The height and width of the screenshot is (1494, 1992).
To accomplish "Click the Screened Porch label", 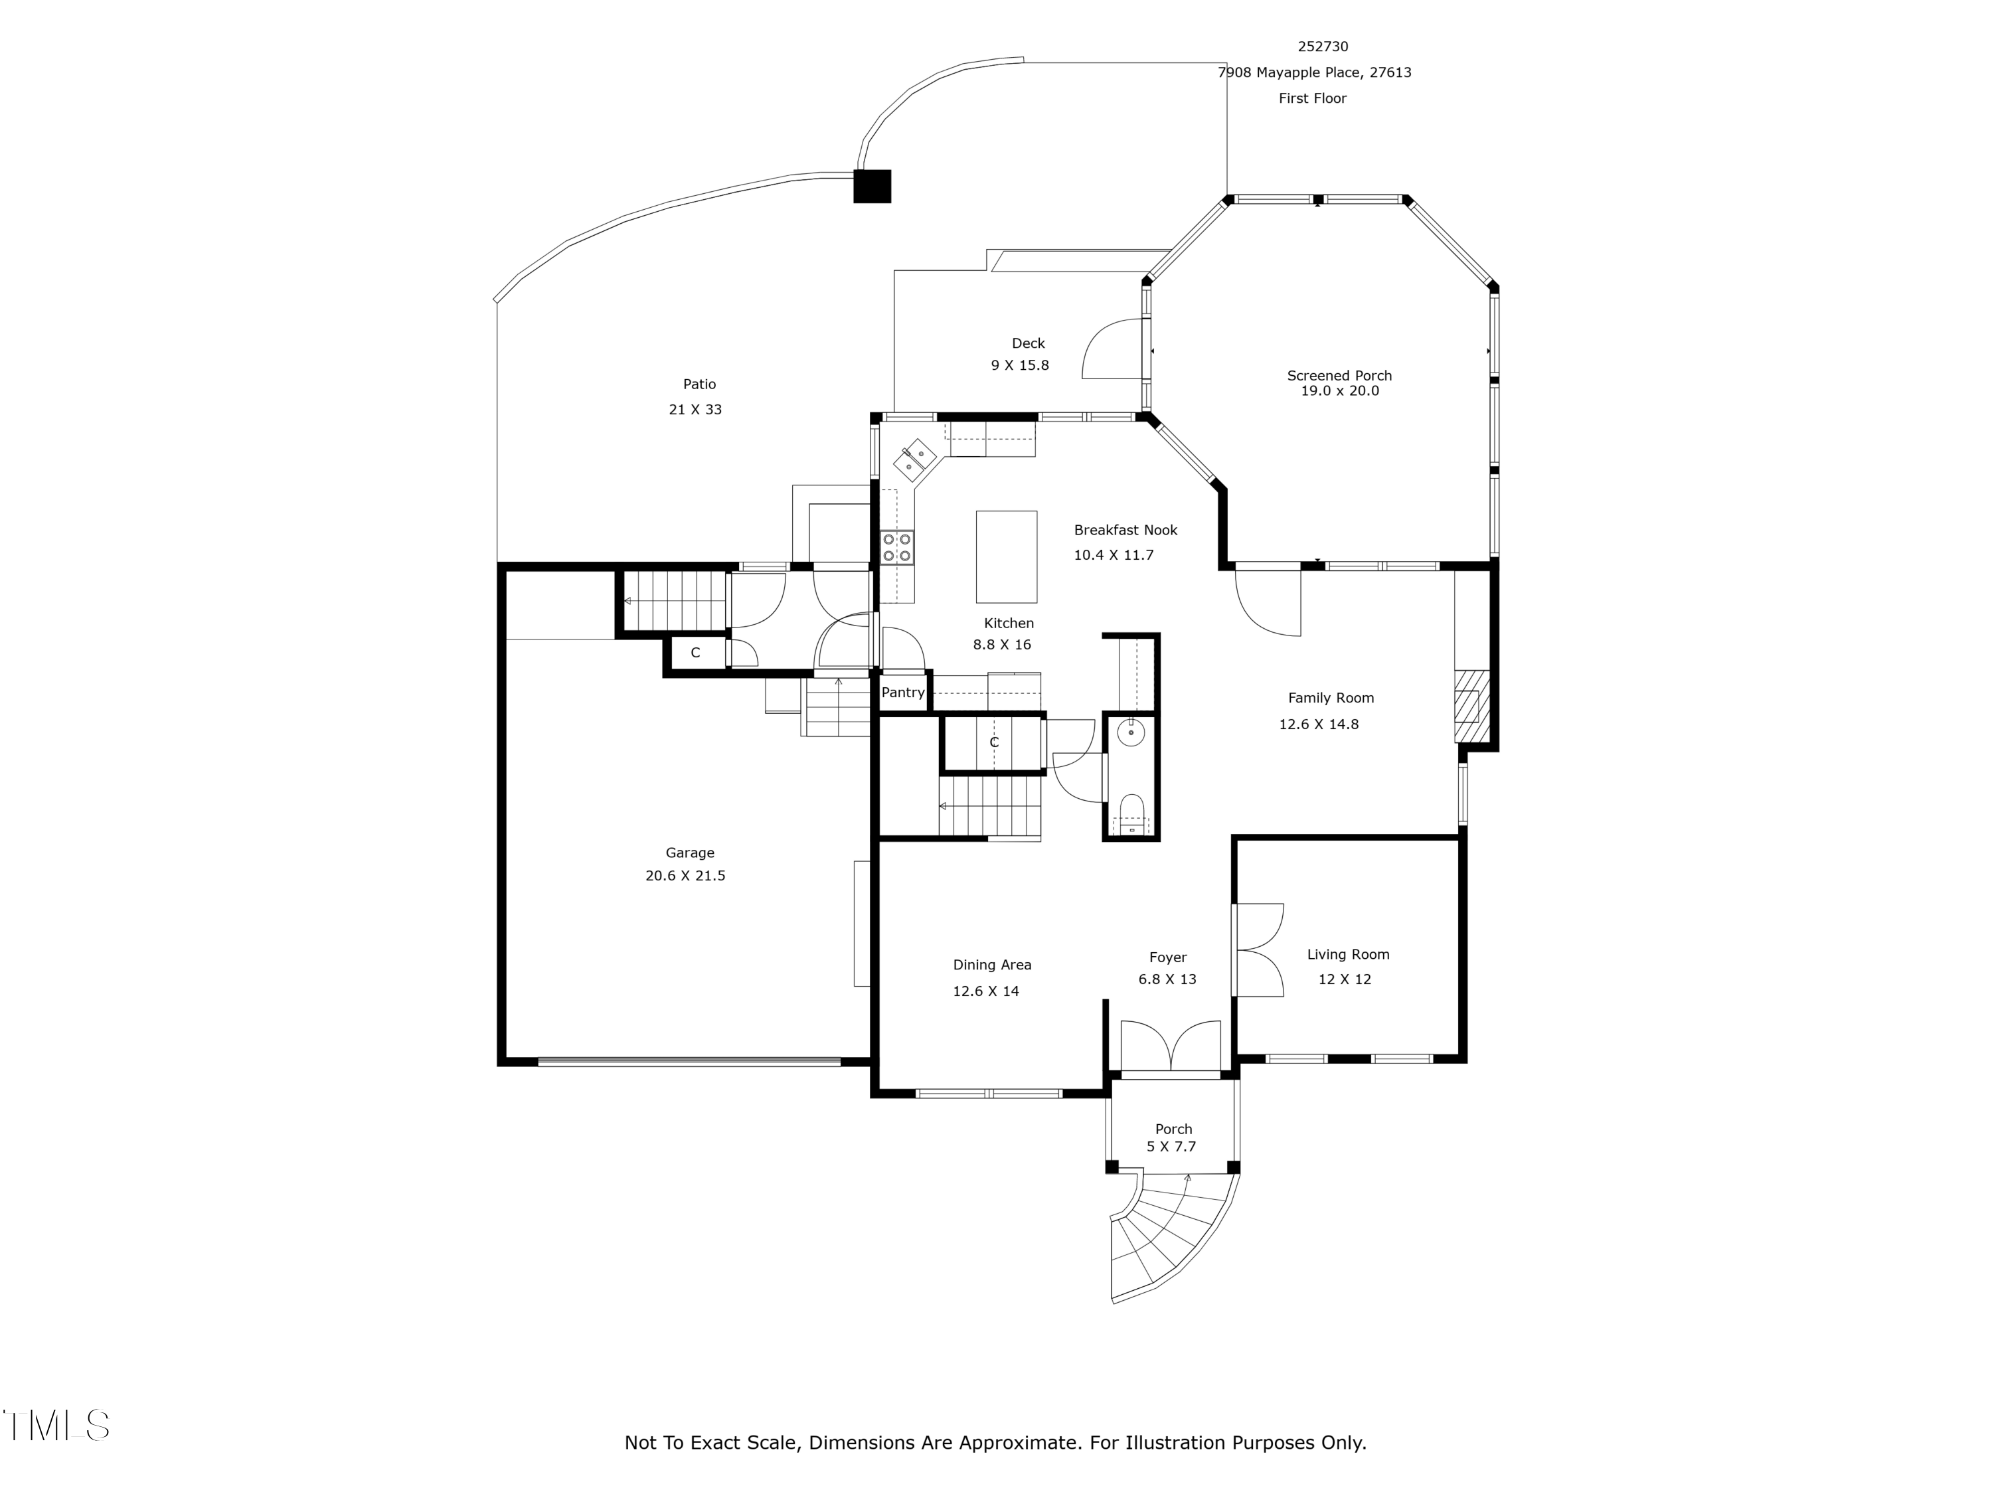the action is (1339, 376).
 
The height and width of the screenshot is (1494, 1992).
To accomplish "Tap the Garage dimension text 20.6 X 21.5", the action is (685, 875).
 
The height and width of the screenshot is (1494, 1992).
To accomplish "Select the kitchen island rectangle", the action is (1007, 556).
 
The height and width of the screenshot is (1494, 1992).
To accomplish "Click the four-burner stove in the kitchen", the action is (897, 546).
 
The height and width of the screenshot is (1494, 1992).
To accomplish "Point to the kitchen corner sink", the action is (915, 459).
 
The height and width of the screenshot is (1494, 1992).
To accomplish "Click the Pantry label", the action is (903, 693).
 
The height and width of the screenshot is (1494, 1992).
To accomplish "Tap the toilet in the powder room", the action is (1131, 809).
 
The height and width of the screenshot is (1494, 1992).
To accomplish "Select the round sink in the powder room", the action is (1131, 733).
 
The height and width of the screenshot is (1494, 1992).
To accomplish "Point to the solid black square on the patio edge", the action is (872, 187).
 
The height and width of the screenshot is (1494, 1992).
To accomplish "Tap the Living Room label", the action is (1348, 955).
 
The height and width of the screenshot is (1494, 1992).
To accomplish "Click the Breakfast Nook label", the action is (1125, 531).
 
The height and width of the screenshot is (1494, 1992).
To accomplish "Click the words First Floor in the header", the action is (1312, 99).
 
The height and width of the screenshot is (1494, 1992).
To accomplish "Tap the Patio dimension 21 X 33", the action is (695, 410).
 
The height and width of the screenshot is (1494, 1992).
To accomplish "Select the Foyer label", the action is (1168, 958).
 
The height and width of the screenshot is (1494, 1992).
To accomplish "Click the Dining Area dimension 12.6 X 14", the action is (986, 991).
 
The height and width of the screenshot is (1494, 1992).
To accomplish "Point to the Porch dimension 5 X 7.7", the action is (1171, 1147).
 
